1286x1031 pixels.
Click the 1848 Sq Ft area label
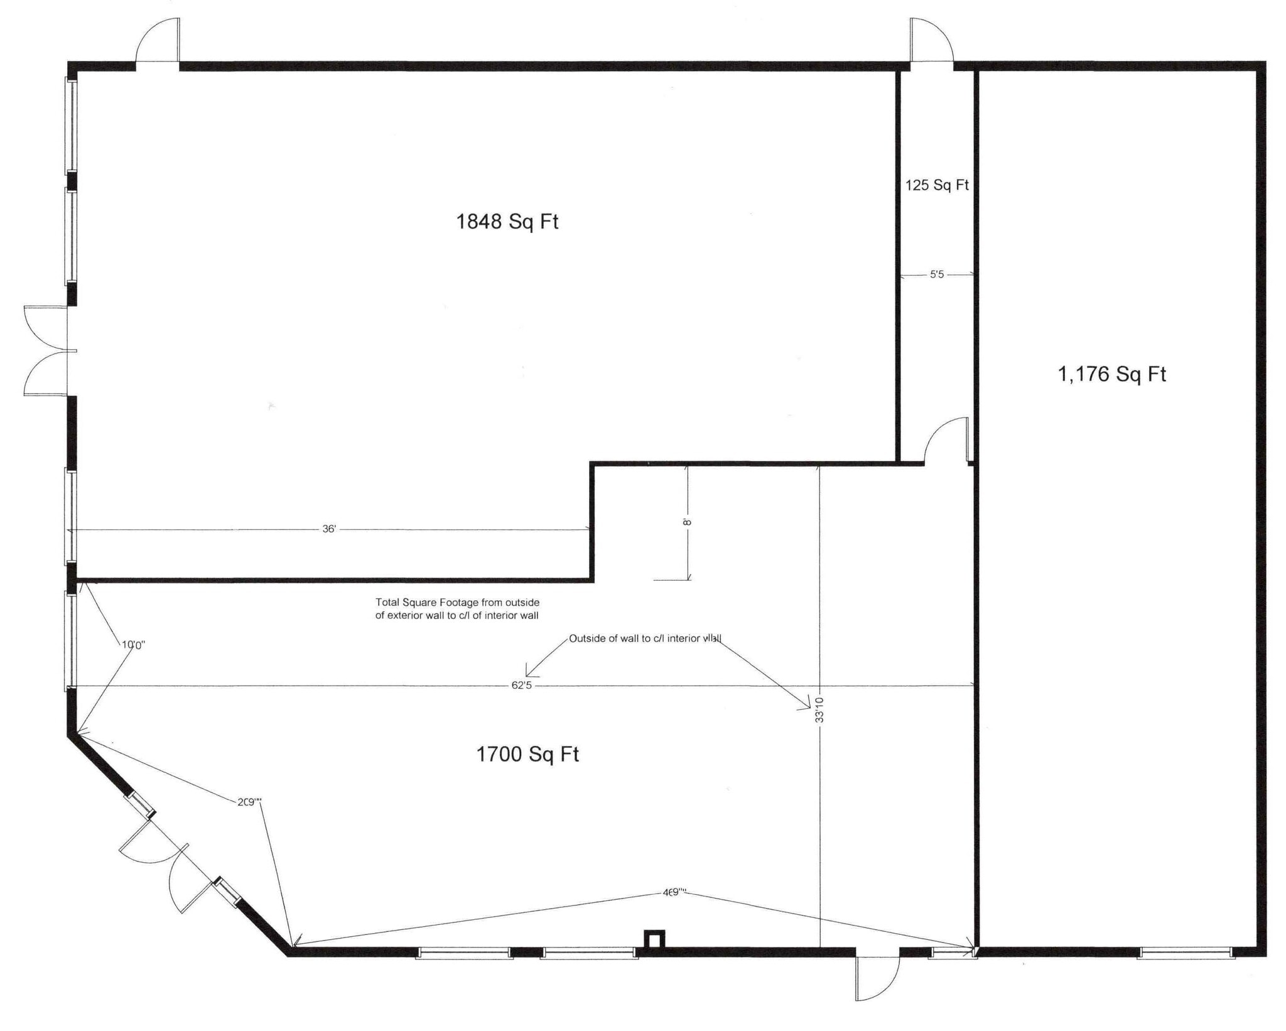[x=507, y=222]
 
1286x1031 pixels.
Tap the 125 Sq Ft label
[x=936, y=185]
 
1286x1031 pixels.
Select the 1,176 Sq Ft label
[x=1111, y=374]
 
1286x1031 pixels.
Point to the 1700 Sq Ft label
[x=527, y=753]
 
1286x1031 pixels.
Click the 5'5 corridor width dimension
[x=936, y=274]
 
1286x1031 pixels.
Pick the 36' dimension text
[x=330, y=529]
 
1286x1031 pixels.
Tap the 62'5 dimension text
[x=521, y=685]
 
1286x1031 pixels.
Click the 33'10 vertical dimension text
[x=819, y=710]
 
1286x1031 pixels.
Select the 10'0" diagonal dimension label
[x=133, y=644]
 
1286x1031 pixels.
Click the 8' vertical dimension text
[x=688, y=522]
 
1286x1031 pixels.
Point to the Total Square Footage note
[x=457, y=609]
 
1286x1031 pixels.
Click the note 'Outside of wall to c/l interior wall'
[x=645, y=639]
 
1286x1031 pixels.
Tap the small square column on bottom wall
[x=654, y=939]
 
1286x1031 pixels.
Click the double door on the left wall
[x=47, y=350]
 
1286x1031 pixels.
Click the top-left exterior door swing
[x=158, y=41]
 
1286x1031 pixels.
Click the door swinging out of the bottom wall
[x=877, y=977]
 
